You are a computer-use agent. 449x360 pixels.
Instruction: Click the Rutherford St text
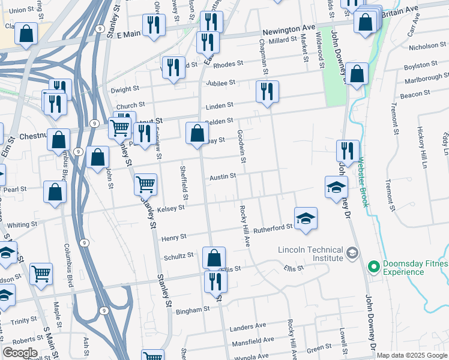click(x=273, y=227)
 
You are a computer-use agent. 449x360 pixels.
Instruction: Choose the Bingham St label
click(x=192, y=311)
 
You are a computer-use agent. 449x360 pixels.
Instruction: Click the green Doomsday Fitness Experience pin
click(x=373, y=265)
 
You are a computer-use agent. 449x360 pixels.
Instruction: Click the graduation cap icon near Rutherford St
click(x=306, y=218)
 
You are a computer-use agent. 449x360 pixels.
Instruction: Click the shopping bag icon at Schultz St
click(x=214, y=258)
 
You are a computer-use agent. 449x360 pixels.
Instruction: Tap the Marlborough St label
click(x=426, y=77)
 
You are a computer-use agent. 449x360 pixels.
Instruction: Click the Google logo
click(x=20, y=353)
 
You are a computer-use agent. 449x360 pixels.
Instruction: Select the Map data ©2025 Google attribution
click(x=412, y=355)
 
